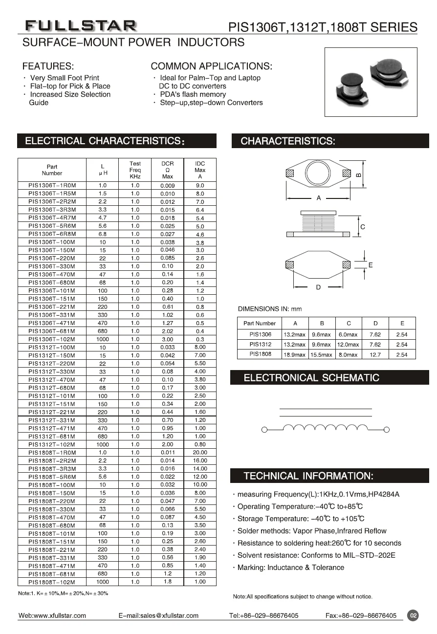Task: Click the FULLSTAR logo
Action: pos(81,25)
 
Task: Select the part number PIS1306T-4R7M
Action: pos(52,218)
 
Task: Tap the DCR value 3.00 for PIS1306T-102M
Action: pos(167,339)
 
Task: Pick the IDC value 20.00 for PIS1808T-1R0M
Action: pos(200,453)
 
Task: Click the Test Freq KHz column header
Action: pos(135,170)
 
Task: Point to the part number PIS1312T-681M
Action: pos(52,437)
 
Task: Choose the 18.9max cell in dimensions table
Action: pos(295,354)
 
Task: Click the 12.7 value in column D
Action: pos(375,354)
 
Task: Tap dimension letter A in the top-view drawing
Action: pos(319,198)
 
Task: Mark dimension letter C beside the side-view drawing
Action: pos(362,227)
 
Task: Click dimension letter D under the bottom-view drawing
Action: pos(318,287)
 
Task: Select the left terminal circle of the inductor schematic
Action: pos(264,430)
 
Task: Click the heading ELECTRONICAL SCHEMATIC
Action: pos(311,378)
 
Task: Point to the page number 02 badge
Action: pos(413,615)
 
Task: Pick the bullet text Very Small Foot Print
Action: pos(65,78)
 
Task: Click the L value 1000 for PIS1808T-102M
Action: pos(103,582)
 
